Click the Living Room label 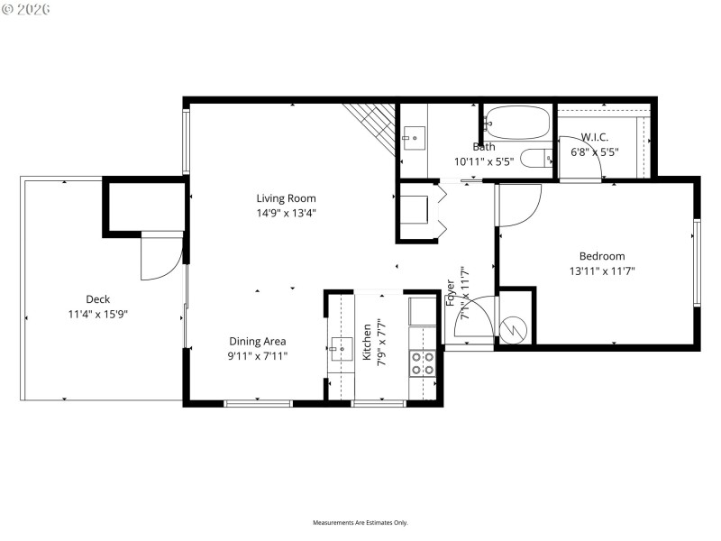point(286,198)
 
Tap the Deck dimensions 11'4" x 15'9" point(97,315)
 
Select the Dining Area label point(257,341)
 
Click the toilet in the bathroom point(537,158)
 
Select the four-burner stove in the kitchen point(422,362)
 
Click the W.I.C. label point(594,137)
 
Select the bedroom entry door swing point(518,205)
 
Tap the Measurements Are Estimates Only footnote point(360,523)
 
